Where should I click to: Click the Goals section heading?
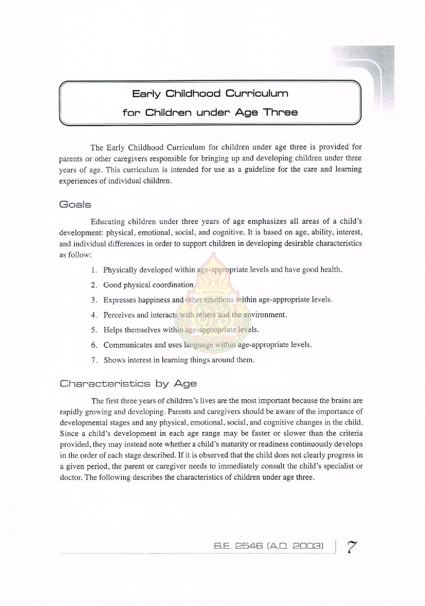point(75,205)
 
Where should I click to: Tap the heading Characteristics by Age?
point(128,384)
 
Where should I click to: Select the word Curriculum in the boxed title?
point(257,93)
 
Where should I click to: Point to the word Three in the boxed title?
point(280,112)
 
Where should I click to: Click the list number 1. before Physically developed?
point(94,270)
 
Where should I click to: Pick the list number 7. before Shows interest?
point(94,360)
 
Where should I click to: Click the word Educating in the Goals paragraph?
point(108,221)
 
